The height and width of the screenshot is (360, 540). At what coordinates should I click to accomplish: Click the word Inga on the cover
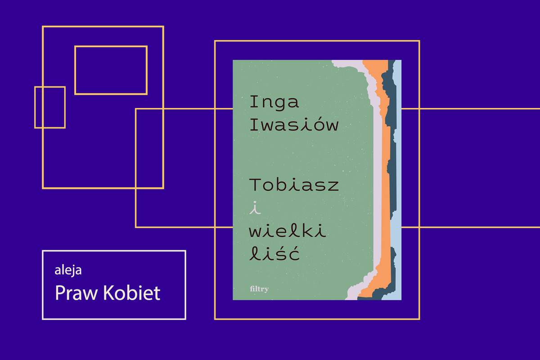point(274,103)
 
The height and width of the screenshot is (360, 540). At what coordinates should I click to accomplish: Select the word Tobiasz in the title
point(294,184)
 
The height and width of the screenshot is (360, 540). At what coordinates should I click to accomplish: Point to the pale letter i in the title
point(255,207)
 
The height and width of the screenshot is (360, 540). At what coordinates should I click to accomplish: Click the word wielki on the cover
point(288,230)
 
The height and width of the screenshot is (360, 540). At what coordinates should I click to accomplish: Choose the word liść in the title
point(274,253)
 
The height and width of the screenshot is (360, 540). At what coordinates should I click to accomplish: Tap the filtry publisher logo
point(259,289)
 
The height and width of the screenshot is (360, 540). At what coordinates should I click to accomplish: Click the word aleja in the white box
point(68,270)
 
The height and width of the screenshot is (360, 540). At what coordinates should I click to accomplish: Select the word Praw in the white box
point(76,293)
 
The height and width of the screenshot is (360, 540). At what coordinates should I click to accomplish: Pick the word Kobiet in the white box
point(132,292)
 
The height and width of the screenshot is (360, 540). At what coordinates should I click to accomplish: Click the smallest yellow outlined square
point(50,107)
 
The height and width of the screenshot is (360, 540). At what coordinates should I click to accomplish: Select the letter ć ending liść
point(294,253)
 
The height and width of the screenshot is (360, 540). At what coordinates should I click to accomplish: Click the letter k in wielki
point(310,230)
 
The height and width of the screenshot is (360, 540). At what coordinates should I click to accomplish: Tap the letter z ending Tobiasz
point(333,186)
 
